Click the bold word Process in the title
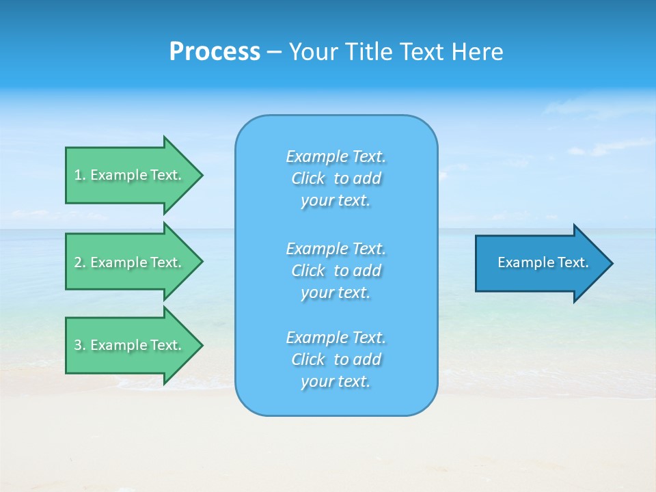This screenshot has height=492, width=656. (x=215, y=52)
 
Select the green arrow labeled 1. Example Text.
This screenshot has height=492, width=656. (x=130, y=175)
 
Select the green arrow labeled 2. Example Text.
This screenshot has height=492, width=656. (x=130, y=262)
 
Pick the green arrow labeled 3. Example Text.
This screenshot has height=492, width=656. (x=130, y=345)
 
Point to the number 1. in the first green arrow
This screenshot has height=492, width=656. (x=80, y=175)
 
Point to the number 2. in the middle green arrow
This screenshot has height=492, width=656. (x=80, y=262)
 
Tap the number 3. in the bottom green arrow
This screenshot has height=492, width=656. (x=80, y=345)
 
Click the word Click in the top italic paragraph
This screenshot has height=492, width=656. (x=308, y=178)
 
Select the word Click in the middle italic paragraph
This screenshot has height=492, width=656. (x=308, y=271)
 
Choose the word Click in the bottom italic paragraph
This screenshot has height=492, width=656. (x=308, y=359)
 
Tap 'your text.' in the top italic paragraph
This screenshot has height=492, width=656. (x=336, y=201)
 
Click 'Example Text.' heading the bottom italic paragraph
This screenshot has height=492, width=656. (x=336, y=338)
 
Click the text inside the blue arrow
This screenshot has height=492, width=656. (x=543, y=262)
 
